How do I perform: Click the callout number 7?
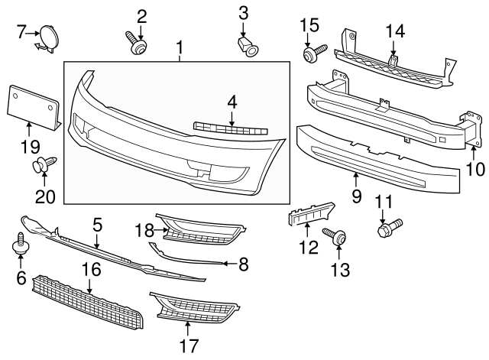coord(21,31)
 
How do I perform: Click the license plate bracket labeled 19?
coord(34,105)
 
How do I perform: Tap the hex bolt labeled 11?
coord(387,227)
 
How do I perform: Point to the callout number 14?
coord(395,30)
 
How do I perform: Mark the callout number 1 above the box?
coord(180,50)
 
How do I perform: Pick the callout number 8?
coord(244,264)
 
